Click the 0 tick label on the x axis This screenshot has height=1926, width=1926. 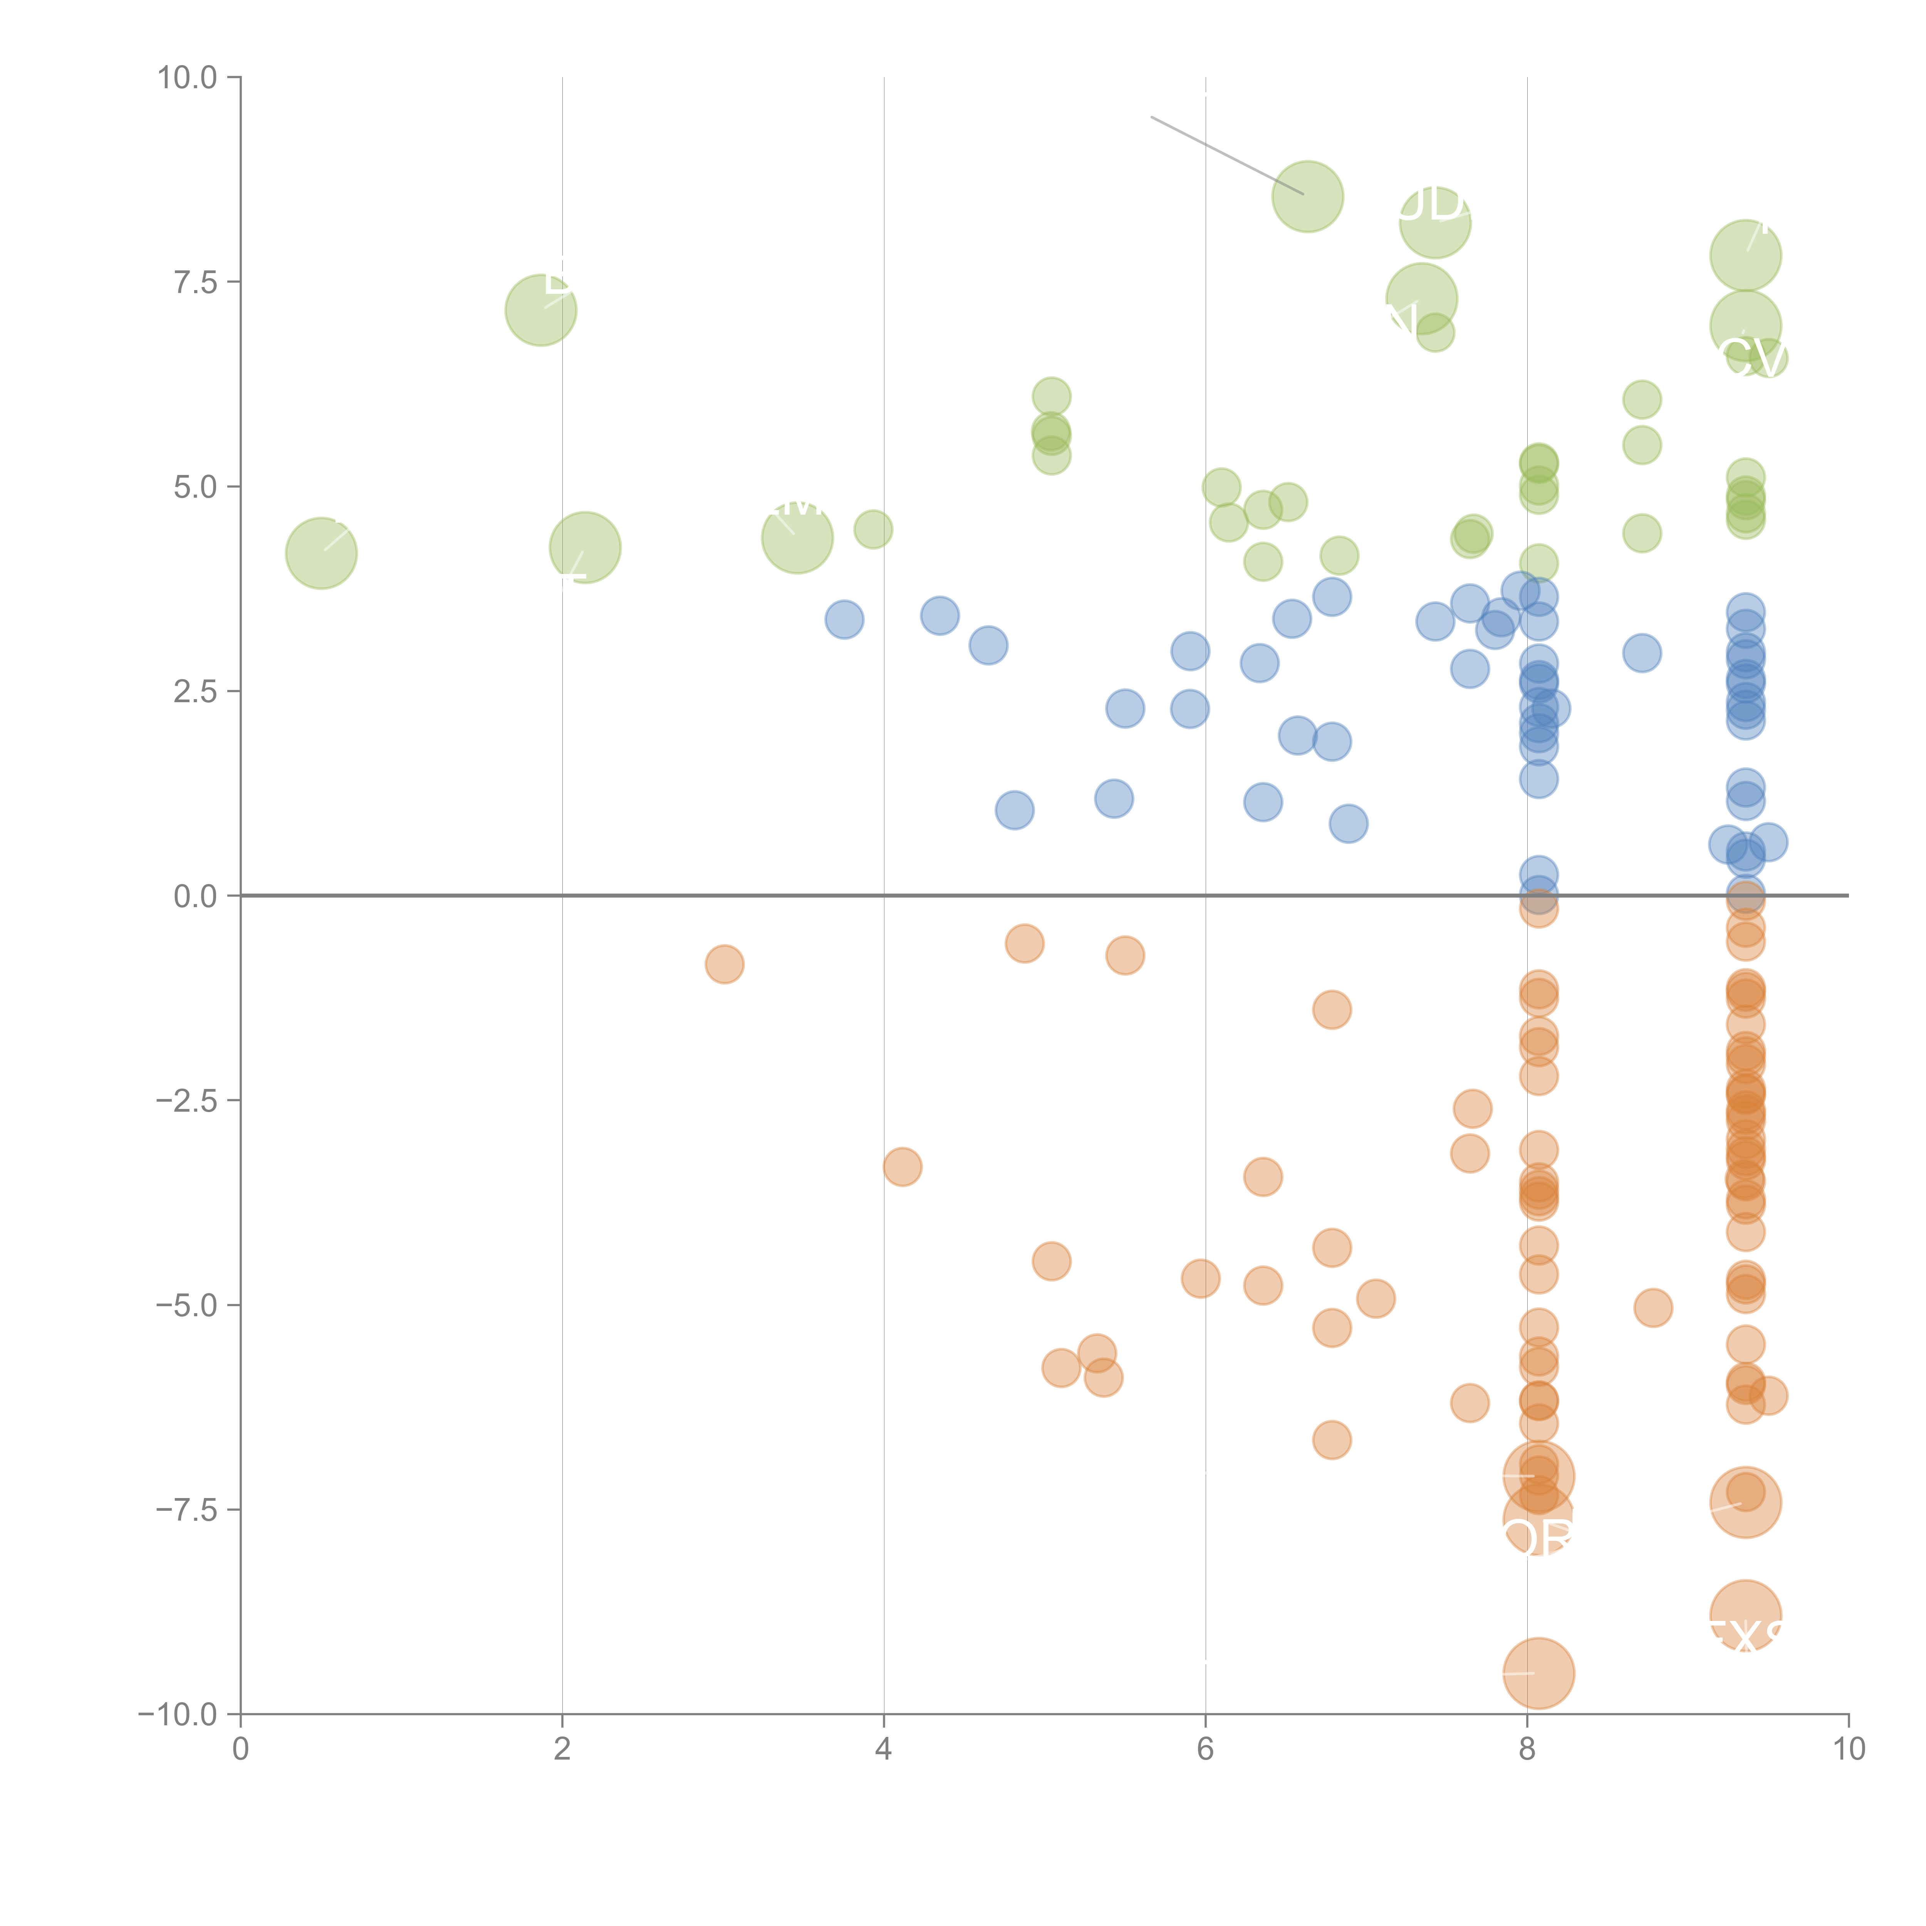coord(240,1750)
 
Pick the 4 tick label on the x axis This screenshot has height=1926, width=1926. coord(883,1750)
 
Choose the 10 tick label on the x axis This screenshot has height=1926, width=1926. coord(1848,1750)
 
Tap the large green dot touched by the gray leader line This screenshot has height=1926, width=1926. coord(1307,196)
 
